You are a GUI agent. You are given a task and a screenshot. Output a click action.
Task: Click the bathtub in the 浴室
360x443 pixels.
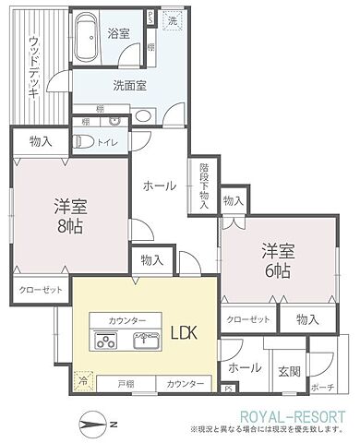pos(90,37)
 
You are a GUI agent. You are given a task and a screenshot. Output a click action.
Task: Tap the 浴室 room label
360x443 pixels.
pos(118,32)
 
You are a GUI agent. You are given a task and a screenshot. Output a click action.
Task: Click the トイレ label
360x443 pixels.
pos(107,142)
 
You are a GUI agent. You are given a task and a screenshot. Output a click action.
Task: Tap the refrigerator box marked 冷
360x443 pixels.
pos(82,379)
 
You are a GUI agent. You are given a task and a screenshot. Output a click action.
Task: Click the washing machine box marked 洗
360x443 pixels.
pos(173,19)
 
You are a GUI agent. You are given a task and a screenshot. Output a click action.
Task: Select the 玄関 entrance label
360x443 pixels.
pos(289,370)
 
